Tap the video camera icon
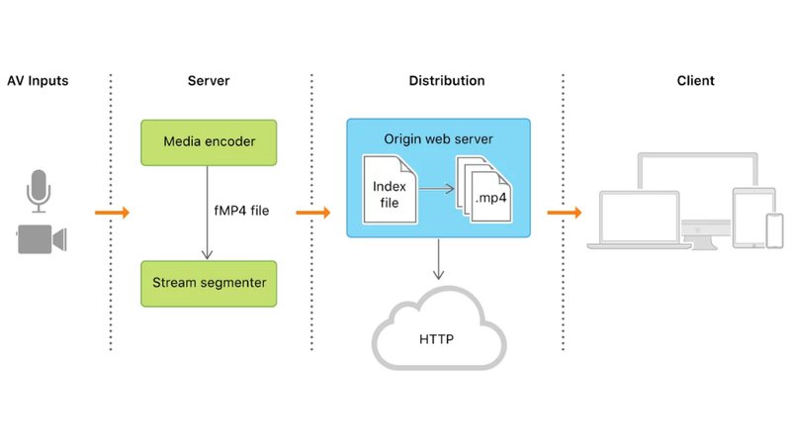[41, 239]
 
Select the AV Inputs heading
[38, 80]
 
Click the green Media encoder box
[209, 142]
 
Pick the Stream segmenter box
[209, 283]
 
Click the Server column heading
[209, 80]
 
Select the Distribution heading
[447, 80]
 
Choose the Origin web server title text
[439, 139]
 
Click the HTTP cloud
[437, 330]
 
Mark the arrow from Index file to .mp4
[435, 187]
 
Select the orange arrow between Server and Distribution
[312, 213]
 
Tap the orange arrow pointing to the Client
[564, 213]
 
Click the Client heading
[696, 80]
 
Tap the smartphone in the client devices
[774, 230]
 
